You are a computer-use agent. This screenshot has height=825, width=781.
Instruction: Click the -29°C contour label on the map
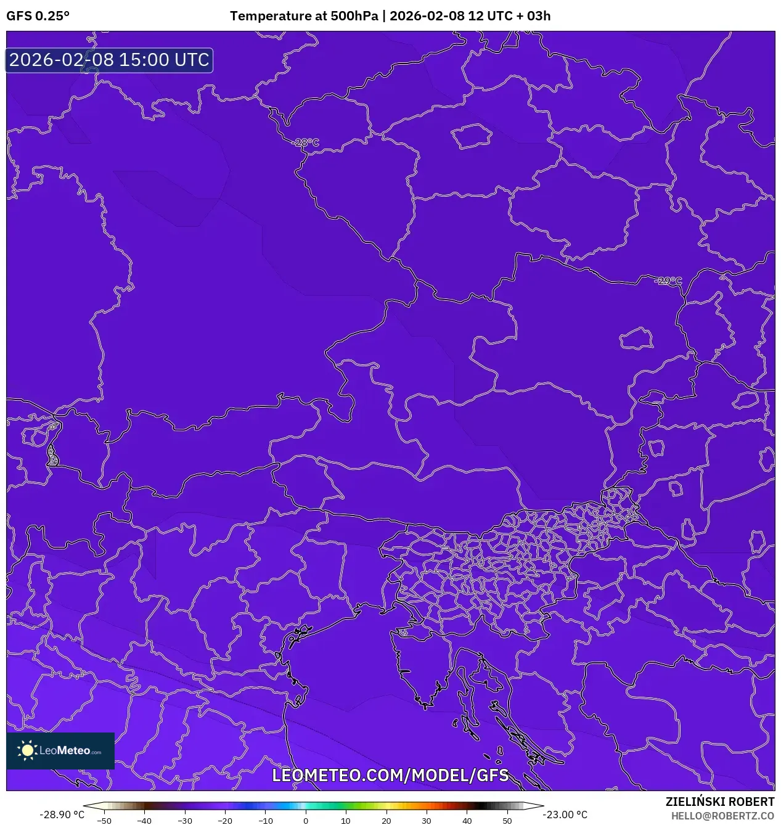(x=669, y=281)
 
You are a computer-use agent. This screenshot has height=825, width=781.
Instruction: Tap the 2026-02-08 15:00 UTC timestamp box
(x=109, y=60)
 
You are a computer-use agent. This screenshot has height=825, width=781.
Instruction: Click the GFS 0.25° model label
(x=38, y=16)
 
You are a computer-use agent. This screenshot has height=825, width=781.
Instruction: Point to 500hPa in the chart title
(x=354, y=16)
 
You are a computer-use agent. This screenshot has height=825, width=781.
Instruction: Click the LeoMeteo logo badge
(x=60, y=750)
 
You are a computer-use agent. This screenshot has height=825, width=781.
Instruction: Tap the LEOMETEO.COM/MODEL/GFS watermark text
(x=390, y=775)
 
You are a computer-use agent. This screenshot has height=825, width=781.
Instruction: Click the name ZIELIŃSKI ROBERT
(x=719, y=802)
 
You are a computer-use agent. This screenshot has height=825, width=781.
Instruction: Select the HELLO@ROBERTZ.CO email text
(x=722, y=816)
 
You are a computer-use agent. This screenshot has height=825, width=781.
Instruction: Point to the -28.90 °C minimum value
(x=62, y=815)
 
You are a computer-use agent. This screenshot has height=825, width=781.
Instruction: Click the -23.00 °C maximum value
(x=565, y=815)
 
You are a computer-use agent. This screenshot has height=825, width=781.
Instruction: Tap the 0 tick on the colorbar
(x=306, y=821)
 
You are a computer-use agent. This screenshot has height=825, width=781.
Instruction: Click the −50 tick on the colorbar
(x=104, y=821)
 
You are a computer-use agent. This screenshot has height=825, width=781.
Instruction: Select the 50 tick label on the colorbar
(x=507, y=821)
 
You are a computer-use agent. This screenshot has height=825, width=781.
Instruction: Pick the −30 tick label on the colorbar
(x=185, y=821)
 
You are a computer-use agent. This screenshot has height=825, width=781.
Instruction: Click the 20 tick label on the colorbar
(x=386, y=821)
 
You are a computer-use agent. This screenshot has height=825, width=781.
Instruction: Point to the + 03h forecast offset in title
(x=534, y=16)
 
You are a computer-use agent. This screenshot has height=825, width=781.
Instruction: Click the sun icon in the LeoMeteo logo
(x=28, y=750)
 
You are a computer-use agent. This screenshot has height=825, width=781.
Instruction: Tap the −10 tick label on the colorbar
(x=265, y=821)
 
